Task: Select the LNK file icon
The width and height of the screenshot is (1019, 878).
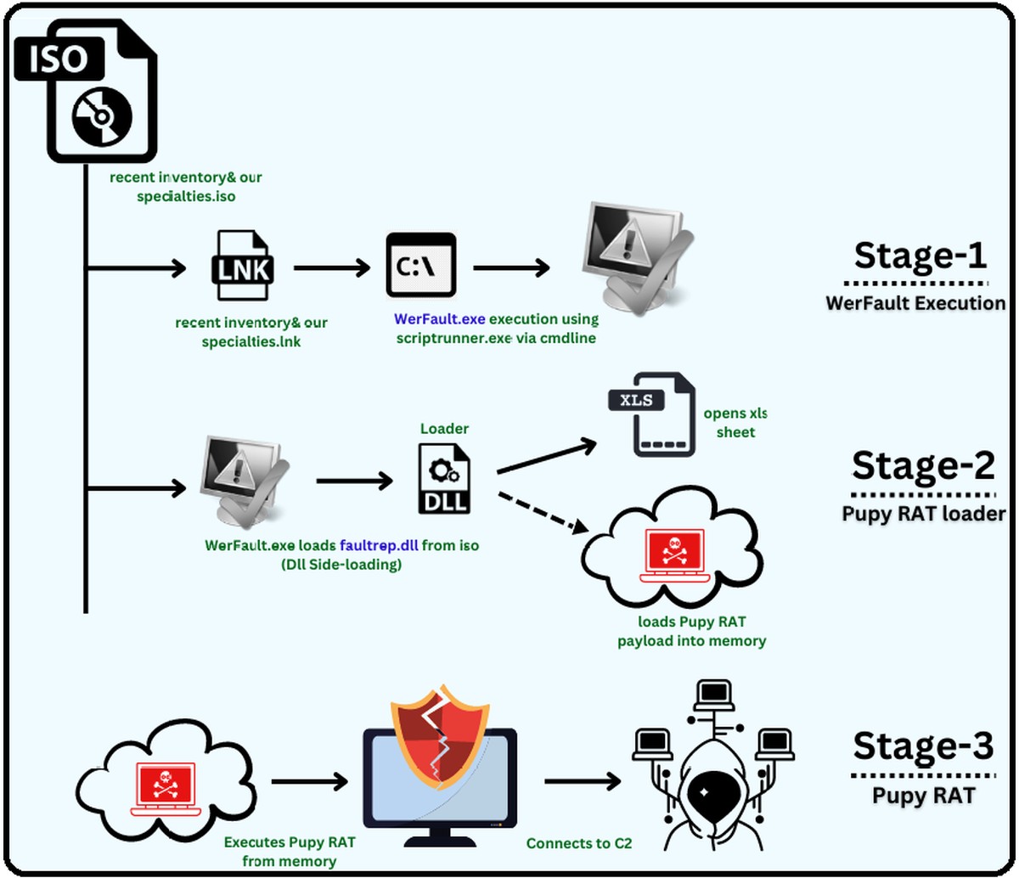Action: point(243,267)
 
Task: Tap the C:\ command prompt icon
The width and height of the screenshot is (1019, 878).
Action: point(420,266)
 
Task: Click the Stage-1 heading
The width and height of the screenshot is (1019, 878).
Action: point(920,255)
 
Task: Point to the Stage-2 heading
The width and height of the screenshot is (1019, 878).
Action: point(922,465)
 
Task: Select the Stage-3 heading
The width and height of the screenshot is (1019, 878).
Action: point(922,746)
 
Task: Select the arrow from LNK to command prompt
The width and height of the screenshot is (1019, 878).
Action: point(331,267)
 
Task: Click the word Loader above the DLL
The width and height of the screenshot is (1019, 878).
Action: point(444,429)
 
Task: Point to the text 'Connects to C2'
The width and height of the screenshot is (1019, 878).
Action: point(579,843)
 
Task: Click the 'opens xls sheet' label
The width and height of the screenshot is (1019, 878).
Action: point(735,423)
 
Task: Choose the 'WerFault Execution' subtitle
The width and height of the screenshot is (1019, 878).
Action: point(915,303)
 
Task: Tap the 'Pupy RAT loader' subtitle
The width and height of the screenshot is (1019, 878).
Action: point(923,514)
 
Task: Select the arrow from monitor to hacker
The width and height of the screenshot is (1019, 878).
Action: point(582,781)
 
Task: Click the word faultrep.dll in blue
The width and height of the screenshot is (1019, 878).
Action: point(379,545)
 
